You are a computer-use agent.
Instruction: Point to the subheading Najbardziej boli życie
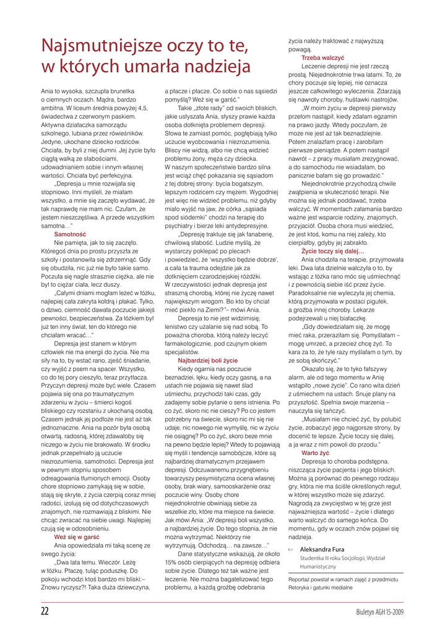(207, 359)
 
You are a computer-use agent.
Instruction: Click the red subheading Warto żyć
(314, 453)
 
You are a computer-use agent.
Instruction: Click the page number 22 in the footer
(45, 611)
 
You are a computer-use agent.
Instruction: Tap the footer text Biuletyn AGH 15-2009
(379, 612)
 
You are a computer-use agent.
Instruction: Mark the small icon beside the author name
(291, 548)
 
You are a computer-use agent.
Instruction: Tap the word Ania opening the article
(47, 91)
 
